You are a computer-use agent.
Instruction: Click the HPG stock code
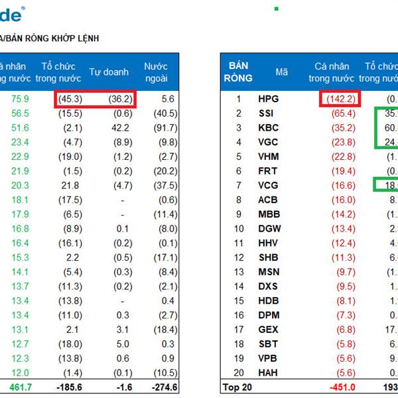click(269, 99)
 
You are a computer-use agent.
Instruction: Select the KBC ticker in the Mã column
click(268, 128)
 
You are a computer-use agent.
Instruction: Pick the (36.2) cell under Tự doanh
click(120, 99)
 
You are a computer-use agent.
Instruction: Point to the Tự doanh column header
click(109, 72)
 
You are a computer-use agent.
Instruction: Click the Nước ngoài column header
click(156, 72)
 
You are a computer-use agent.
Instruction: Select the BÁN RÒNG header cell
click(239, 72)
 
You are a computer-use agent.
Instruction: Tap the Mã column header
click(282, 72)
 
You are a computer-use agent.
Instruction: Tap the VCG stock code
click(269, 186)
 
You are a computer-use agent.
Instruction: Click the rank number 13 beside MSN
click(239, 272)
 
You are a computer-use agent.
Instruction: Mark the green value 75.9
click(17, 99)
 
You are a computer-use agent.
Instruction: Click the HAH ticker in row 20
click(269, 373)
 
